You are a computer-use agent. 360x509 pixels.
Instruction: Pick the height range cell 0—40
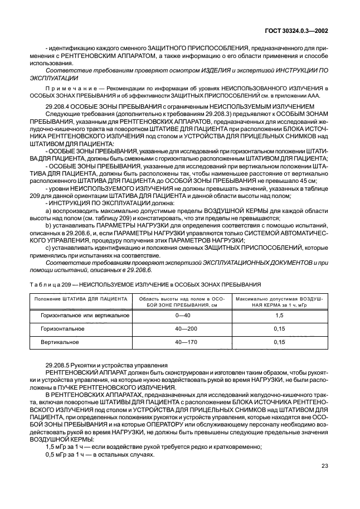(183, 316)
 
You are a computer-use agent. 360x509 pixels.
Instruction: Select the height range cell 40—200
(183, 329)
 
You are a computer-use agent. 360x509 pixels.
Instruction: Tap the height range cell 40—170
(183, 342)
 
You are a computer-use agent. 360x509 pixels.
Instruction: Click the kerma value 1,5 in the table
(280, 316)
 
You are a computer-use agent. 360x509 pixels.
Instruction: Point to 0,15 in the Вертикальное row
(280, 342)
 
